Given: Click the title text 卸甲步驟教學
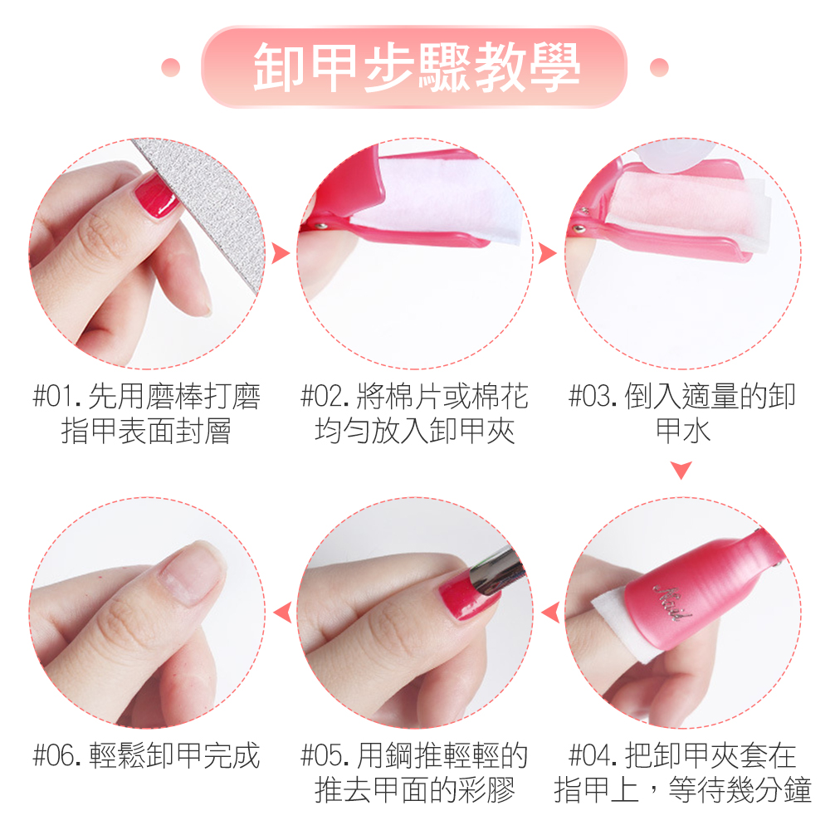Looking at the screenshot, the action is pos(417,67).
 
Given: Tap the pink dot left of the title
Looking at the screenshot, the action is pos(170,67).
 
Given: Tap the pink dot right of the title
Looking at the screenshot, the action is pos(659,67).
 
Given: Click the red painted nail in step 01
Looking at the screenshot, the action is pos(156,196).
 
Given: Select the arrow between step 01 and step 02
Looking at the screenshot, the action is pos(281,253).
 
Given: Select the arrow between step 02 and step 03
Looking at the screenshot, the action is pos(547,253).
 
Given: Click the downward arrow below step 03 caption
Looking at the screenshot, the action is pos(681,470).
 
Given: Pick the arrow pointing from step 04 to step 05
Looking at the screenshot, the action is pos(550,613).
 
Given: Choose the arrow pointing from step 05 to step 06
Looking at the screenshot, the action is pos(283,613).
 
